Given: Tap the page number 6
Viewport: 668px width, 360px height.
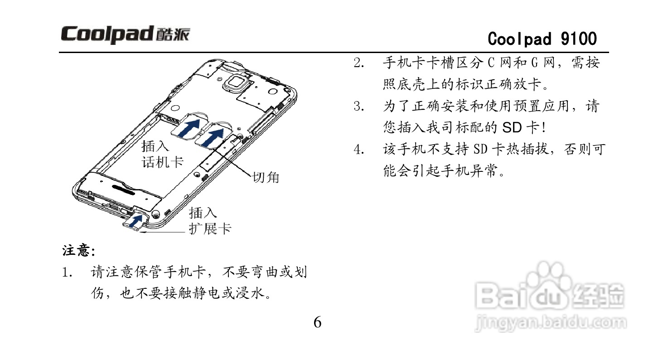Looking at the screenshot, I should [318, 323].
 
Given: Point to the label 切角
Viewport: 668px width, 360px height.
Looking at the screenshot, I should [266, 177].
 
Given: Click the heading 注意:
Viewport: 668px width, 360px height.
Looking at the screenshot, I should [78, 251].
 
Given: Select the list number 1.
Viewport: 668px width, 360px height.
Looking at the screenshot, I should [67, 273].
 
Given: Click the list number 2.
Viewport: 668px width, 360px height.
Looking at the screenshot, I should [359, 63].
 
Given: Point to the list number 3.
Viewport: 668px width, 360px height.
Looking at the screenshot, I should [359, 107].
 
